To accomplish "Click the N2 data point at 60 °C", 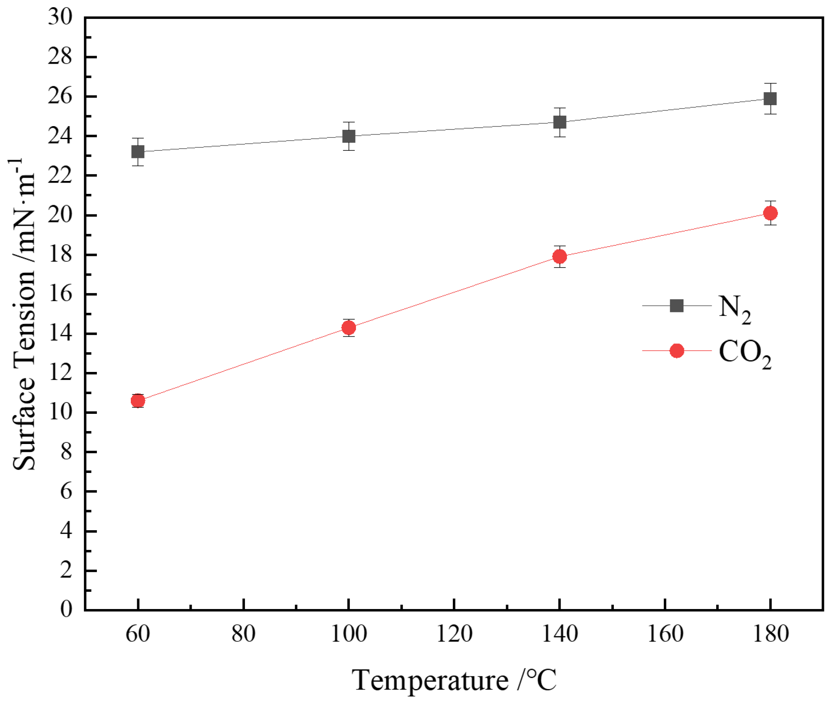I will [138, 152].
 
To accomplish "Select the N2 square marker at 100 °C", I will [349, 136].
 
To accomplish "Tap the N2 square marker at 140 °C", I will [560, 122].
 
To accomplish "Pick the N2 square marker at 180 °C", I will [770, 99].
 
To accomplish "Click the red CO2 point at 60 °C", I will [138, 401].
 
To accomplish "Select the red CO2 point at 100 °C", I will [349, 328].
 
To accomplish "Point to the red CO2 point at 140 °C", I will [560, 256].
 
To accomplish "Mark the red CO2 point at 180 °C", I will [770, 213].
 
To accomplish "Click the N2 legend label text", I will [734, 309].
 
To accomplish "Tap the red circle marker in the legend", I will [677, 351].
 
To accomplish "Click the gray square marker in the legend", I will [677, 306].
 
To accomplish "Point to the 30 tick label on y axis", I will [60, 17].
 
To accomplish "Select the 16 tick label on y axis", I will [60, 294].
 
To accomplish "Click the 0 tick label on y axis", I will [66, 609].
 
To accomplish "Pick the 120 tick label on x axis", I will [455, 634].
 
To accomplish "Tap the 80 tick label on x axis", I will [244, 634].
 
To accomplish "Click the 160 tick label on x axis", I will [665, 634].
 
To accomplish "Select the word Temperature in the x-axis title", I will [430, 681].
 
